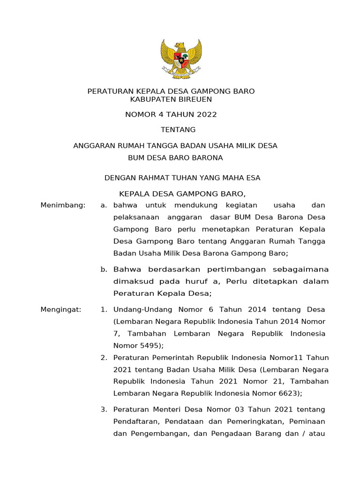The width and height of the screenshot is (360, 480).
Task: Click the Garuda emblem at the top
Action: point(181,58)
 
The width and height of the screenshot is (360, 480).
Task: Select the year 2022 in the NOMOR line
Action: point(207,114)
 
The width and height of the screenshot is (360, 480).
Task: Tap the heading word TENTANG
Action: point(178,130)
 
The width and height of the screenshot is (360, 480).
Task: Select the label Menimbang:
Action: point(63,205)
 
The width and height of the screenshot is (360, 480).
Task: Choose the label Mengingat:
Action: point(61,309)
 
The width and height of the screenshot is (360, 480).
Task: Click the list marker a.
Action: point(104,205)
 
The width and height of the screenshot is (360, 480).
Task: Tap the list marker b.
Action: point(104,269)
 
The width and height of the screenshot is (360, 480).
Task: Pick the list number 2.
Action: point(104,358)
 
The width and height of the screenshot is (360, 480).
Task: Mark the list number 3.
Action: point(104,410)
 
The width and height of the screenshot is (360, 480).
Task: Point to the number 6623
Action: point(288,393)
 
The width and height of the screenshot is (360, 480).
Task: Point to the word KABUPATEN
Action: point(150,99)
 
